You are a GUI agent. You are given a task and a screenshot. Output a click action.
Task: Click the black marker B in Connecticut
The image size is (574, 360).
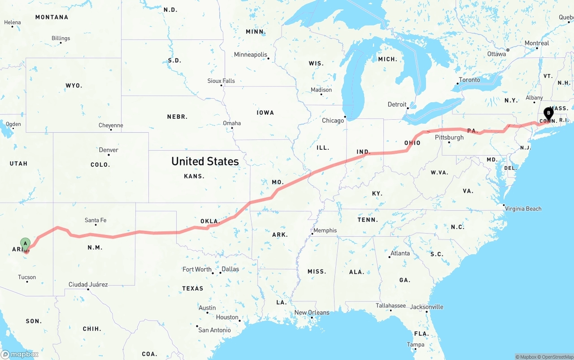click(548, 113)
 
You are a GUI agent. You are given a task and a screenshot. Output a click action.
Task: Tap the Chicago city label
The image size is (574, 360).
click(332, 121)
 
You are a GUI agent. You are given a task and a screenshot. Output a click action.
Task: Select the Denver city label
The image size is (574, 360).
click(109, 150)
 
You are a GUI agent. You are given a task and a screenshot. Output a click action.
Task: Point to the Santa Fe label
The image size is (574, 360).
click(96, 220)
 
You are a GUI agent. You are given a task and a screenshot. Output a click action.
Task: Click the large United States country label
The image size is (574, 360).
click(205, 161)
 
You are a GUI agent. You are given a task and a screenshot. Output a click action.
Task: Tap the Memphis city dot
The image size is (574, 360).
click(312, 234)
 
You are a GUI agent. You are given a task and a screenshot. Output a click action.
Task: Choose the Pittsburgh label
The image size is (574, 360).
click(449, 137)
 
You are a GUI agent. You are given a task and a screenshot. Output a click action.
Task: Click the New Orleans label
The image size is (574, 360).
click(312, 312)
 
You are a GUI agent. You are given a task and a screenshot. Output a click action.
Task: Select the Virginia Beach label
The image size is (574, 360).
click(523, 208)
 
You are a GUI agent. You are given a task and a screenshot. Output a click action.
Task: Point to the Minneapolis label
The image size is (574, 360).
click(250, 54)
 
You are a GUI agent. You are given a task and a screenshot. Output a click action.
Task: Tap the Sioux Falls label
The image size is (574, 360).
click(221, 81)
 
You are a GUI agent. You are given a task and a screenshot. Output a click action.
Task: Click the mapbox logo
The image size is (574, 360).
click(20, 354)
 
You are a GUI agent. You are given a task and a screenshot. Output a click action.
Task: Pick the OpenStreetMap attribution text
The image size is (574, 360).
click(556, 357)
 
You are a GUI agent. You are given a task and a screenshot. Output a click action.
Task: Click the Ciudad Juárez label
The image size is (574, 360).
click(88, 284)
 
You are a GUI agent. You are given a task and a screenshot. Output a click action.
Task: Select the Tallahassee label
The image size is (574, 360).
click(391, 306)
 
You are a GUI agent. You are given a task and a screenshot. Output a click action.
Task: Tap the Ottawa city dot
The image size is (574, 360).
click(508, 50)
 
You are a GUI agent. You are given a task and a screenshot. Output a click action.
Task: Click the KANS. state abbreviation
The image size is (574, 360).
click(194, 176)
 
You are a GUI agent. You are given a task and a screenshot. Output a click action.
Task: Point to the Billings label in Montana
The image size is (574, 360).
click(61, 38)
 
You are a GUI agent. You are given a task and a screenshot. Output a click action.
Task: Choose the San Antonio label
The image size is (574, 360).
click(214, 330)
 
